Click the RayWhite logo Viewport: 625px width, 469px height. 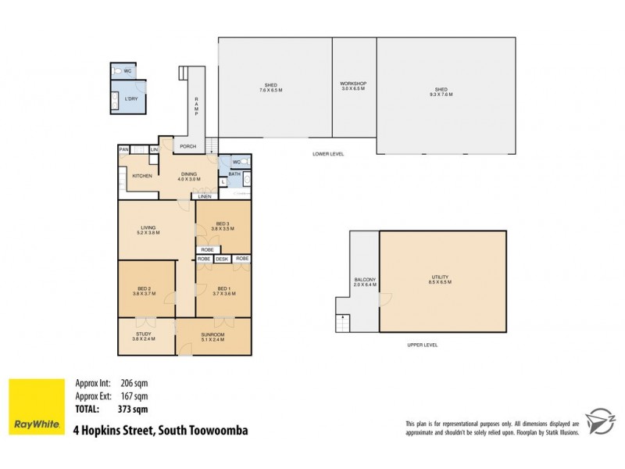click(36, 406)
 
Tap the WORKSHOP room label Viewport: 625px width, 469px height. click(353, 84)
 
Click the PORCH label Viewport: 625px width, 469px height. click(187, 146)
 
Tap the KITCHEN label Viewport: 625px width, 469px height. click(141, 176)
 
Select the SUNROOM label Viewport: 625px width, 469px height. click(212, 334)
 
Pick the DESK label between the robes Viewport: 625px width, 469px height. click(223, 258)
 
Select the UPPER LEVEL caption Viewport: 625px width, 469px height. click(422, 345)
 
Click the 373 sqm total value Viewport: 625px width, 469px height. click(134, 408)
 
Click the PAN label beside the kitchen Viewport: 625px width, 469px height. click(123, 149)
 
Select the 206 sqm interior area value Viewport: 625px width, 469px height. click(134, 384)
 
